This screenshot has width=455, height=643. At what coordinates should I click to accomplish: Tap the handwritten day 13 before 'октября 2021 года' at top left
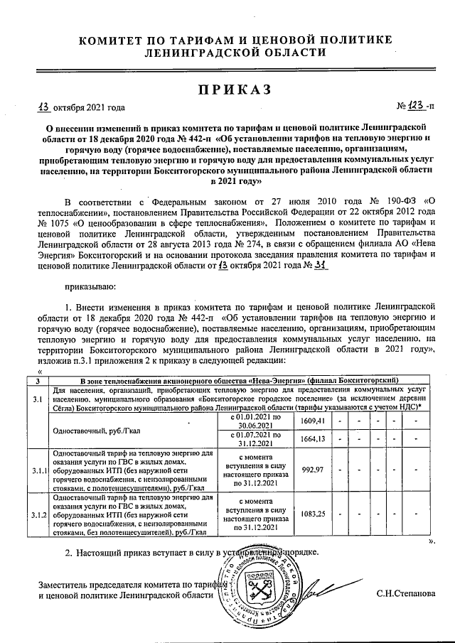[x=44, y=107]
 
